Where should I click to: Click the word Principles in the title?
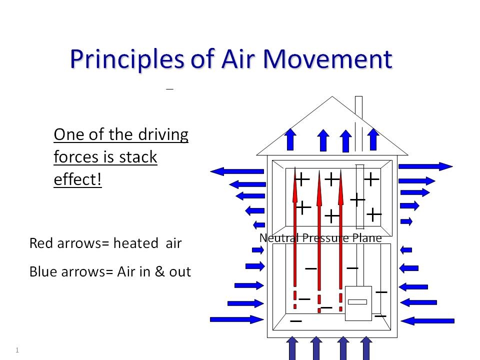(127, 59)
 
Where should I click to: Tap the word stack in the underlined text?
(138, 157)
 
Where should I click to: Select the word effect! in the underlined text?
(77, 179)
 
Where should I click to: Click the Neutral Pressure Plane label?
(320, 238)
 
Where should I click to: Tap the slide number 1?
(17, 350)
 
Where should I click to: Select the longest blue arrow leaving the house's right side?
(425, 166)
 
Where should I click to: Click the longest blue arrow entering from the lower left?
(236, 319)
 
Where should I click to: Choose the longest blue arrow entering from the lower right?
(427, 320)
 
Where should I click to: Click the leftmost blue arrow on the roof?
(290, 139)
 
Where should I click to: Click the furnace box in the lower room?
(358, 303)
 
